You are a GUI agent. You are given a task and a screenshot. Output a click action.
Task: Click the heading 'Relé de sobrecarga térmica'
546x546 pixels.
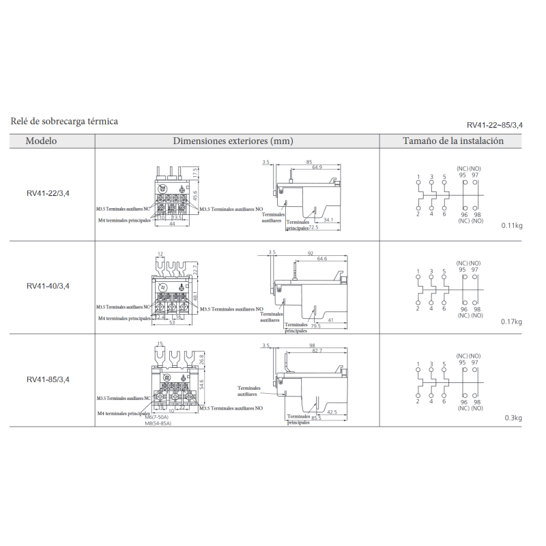(64, 121)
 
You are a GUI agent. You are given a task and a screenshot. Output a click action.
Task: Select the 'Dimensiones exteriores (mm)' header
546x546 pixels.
(232, 141)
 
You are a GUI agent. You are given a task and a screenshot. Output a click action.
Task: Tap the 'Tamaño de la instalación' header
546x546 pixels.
(453, 141)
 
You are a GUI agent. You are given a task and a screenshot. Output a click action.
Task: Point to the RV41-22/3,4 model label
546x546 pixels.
(48, 193)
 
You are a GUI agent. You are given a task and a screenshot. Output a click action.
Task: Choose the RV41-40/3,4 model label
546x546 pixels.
(48, 286)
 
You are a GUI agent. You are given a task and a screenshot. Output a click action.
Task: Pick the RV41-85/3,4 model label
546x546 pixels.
(48, 379)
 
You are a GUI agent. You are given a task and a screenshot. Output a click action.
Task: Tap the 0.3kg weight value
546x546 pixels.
(514, 418)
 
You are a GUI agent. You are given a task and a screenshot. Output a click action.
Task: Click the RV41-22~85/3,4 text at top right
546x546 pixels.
(495, 125)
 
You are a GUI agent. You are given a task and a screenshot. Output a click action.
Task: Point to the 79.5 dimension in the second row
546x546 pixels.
(316, 326)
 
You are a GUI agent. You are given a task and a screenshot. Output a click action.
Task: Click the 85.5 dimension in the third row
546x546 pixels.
(315, 418)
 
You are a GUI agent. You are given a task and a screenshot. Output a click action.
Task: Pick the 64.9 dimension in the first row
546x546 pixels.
(317, 167)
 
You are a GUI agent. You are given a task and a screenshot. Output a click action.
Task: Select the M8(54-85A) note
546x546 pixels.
(158, 425)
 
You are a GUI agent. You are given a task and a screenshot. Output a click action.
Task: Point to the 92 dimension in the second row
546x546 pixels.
(310, 253)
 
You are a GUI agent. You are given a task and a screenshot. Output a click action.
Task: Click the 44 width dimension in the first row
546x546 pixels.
(172, 224)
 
